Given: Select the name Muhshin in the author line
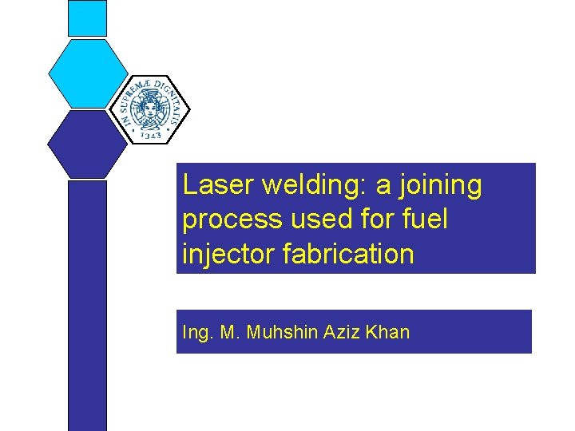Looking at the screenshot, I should pyautogui.click(x=283, y=332).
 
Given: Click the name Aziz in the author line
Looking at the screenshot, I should pyautogui.click(x=342, y=332).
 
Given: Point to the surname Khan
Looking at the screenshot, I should pyautogui.click(x=388, y=332).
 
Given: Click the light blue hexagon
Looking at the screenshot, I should pyautogui.click(x=88, y=73).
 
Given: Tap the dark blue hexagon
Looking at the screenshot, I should pyautogui.click(x=87, y=144).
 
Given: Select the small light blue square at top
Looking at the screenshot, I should pyautogui.click(x=87, y=18).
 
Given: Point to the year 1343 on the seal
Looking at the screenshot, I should pyautogui.click(x=153, y=135).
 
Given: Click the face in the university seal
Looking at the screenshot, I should pyautogui.click(x=149, y=106).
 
